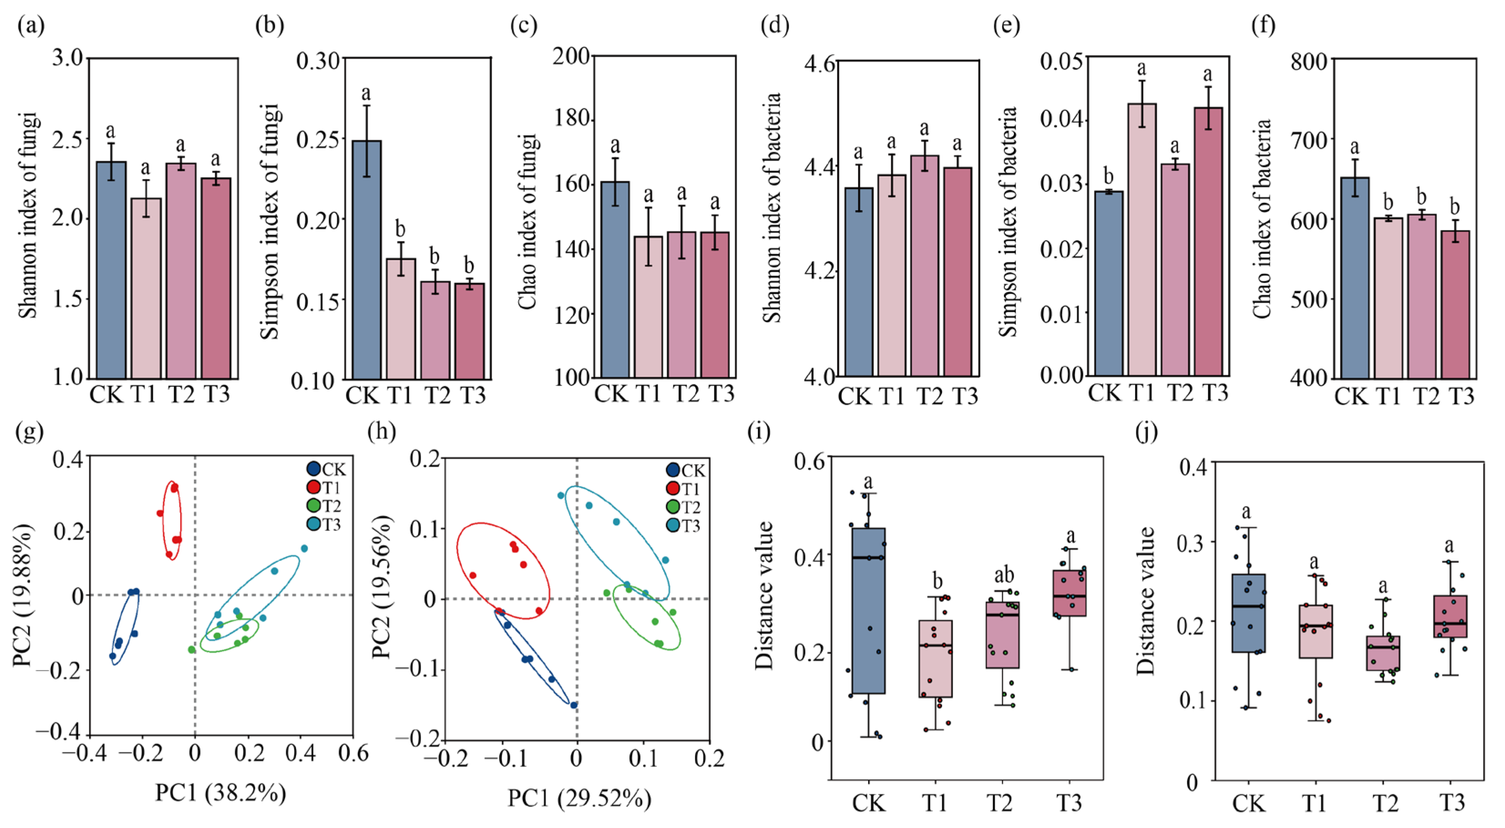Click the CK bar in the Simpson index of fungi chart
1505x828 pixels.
point(366,260)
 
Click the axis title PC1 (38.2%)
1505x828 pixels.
point(220,793)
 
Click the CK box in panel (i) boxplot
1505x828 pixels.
point(868,611)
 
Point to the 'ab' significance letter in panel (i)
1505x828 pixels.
point(1004,575)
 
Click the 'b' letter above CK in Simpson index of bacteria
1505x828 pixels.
point(1108,175)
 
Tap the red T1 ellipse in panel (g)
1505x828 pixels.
point(172,518)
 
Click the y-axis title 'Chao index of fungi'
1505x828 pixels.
point(527,222)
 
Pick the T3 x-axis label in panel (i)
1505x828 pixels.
point(1069,803)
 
